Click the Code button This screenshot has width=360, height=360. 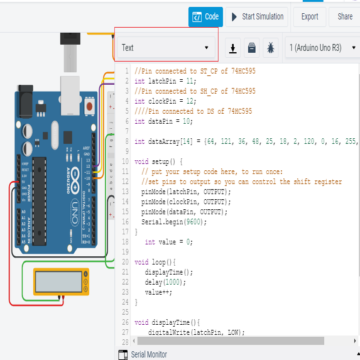point(205,17)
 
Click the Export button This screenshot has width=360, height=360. point(310,17)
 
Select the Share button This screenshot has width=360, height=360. point(345,17)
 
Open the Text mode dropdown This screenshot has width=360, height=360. point(165,48)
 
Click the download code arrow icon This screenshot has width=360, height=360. point(233,48)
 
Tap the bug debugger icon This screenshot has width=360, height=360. point(271,48)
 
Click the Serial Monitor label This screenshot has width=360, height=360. point(149,354)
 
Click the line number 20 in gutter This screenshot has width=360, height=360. point(126,262)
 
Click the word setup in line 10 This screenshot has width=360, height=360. point(160,161)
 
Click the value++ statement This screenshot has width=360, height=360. point(158,292)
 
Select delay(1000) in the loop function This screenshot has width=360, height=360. point(162,282)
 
